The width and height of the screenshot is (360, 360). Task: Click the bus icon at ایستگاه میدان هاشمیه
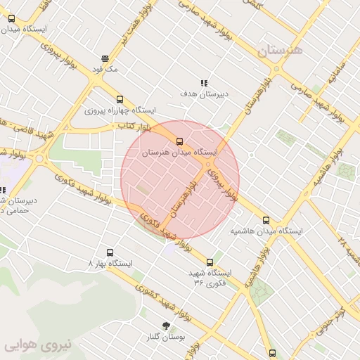(x=266, y=220)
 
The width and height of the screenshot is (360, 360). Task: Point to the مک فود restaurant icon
(x=105, y=58)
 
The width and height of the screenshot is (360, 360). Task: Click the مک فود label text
(x=105, y=70)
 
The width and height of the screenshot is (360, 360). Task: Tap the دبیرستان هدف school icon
(x=205, y=82)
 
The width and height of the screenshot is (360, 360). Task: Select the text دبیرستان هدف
(x=205, y=94)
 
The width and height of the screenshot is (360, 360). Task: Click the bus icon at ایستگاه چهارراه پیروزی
(x=120, y=99)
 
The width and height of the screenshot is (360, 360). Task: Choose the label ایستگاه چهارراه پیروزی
(x=120, y=110)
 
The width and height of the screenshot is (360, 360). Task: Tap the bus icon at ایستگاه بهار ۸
(x=110, y=252)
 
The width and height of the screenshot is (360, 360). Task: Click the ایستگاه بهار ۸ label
(x=110, y=264)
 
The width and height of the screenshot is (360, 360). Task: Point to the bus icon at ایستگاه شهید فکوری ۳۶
(x=210, y=262)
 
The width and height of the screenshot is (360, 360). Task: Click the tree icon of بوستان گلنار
(x=166, y=326)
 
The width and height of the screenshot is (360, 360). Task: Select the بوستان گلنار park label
(x=166, y=337)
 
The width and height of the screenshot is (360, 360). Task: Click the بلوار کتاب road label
(x=134, y=125)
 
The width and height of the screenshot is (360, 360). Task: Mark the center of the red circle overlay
(x=180, y=180)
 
